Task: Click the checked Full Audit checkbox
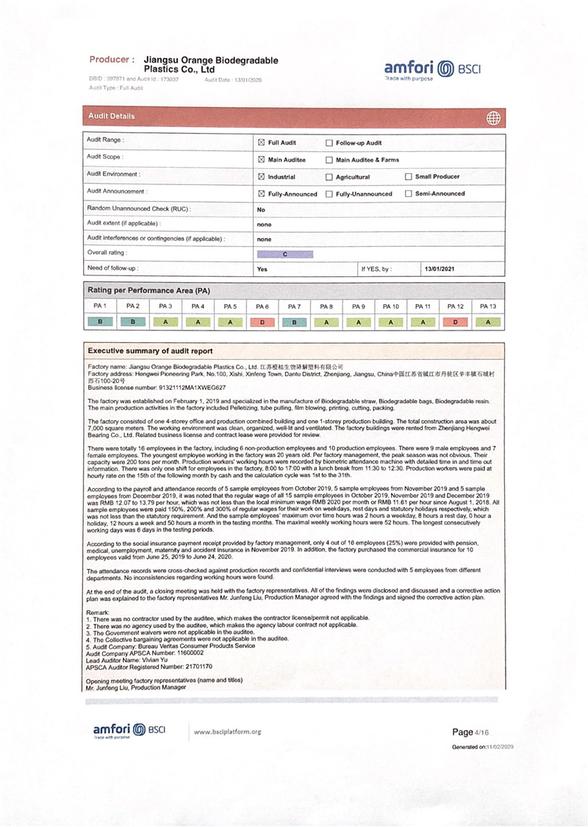pos(261,142)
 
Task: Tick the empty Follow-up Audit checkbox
pos(329,142)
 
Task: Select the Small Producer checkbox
pos(408,176)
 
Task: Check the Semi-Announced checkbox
pos(408,194)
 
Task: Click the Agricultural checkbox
pos(329,177)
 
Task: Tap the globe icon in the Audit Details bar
pos(493,118)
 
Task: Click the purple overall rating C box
pos(285,254)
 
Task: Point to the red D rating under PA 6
pos(262,321)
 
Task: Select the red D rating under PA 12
pos(456,321)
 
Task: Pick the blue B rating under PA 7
pos(294,321)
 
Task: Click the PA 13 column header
pos(487,306)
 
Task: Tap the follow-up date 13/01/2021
pos(439,270)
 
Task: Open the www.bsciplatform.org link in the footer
pos(227,732)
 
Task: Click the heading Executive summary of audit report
pos(151,351)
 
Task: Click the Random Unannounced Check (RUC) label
pos(139,209)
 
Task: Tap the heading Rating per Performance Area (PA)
pos(149,290)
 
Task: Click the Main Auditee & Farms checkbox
pos(329,159)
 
